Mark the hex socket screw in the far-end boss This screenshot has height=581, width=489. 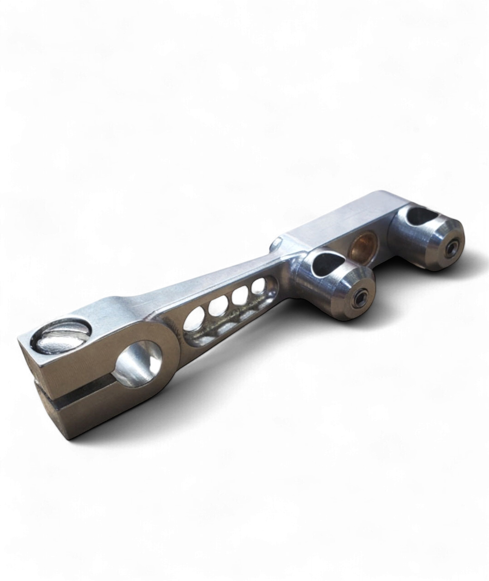pyautogui.click(x=451, y=250)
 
